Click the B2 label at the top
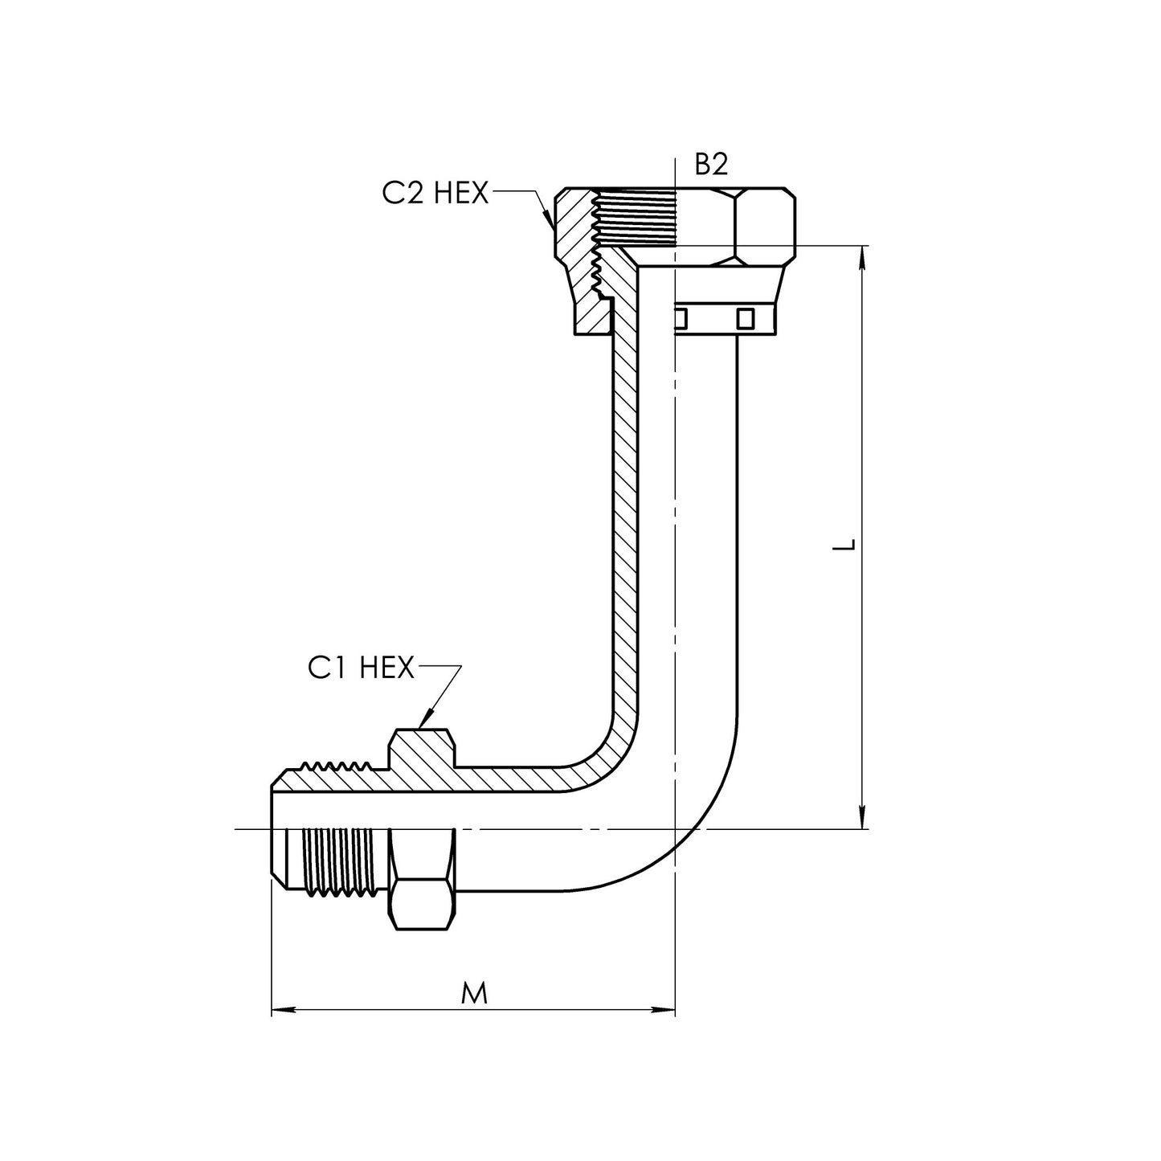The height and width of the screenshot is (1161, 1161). click(711, 164)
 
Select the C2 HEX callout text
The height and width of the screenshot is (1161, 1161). click(435, 194)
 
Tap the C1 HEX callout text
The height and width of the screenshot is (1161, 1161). click(361, 668)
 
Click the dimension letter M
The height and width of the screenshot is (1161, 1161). click(474, 994)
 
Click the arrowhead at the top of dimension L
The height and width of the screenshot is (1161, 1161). click(862, 258)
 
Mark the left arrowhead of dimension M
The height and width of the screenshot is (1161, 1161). click(284, 1008)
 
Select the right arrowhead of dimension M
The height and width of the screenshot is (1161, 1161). click(663, 1008)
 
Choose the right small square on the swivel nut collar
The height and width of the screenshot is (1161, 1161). click(746, 319)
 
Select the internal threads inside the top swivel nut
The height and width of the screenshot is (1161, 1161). click(634, 218)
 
